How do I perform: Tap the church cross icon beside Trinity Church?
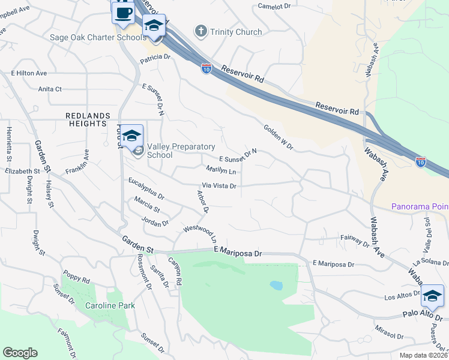(x=201, y=31)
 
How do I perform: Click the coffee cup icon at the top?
(x=123, y=13)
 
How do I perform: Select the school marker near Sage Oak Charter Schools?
(x=154, y=27)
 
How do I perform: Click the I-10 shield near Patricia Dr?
(x=206, y=68)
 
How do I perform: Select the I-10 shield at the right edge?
(x=421, y=162)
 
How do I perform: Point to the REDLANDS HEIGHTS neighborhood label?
(x=88, y=119)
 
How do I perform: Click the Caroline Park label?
(x=109, y=305)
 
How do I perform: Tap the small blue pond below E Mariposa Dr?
(x=276, y=285)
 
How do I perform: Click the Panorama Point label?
(x=420, y=206)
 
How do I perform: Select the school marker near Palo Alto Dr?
(x=432, y=296)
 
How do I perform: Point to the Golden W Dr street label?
(x=277, y=137)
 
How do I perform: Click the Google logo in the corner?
(x=20, y=353)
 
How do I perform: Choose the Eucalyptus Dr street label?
(x=146, y=188)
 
